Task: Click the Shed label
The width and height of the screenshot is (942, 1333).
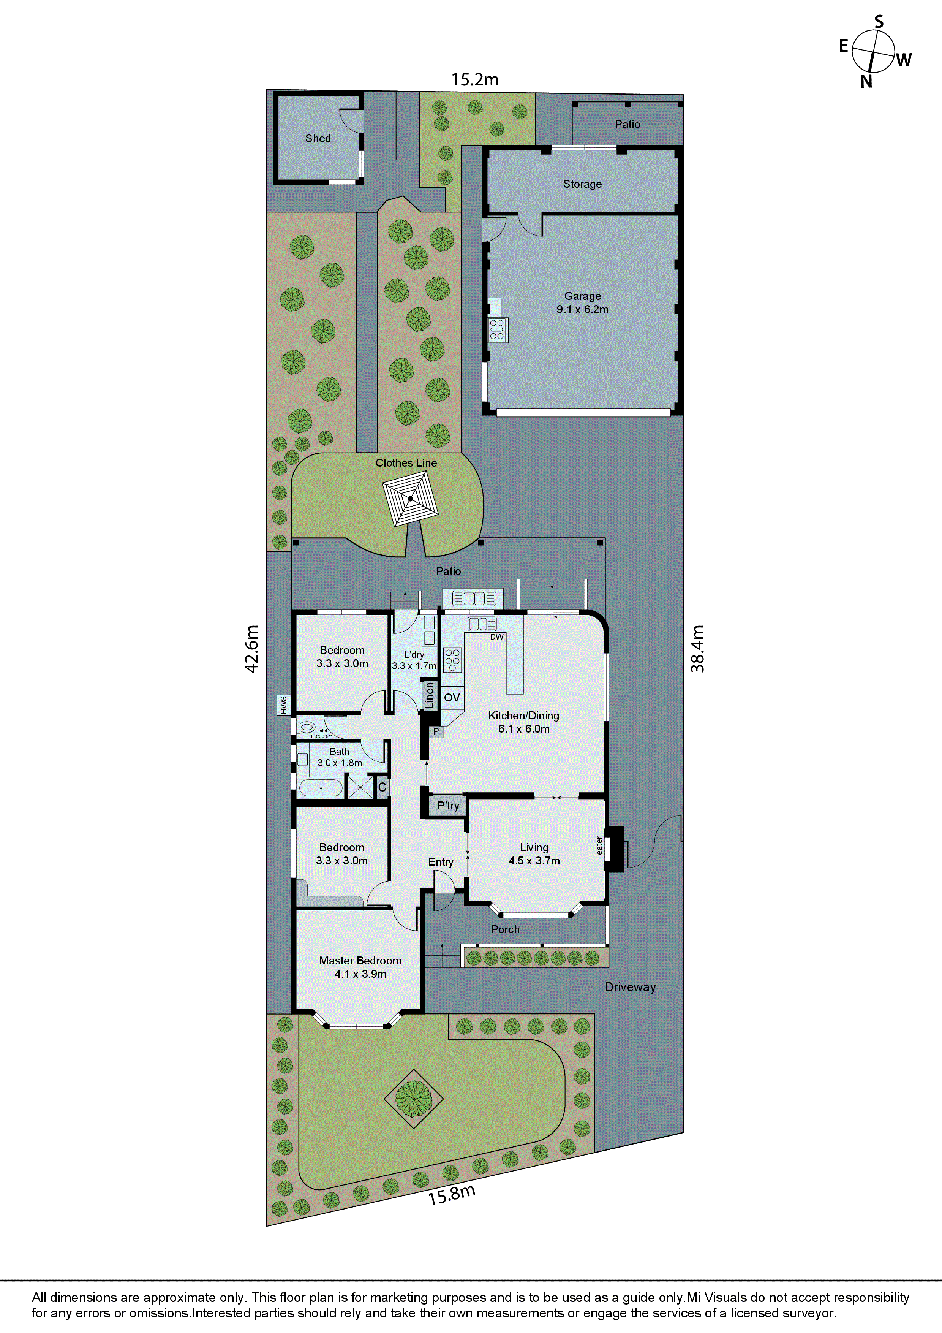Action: click(318, 138)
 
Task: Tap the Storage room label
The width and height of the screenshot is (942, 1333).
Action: click(582, 184)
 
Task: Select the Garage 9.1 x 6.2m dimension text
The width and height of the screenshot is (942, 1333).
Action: click(582, 309)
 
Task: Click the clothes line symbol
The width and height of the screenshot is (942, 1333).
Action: click(410, 499)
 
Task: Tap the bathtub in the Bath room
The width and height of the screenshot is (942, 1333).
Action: click(320, 788)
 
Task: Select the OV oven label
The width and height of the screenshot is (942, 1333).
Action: click(452, 697)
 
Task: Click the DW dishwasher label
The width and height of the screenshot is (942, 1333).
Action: click(497, 637)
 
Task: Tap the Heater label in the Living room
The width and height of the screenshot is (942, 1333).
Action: click(599, 848)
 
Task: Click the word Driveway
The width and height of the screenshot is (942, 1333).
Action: click(630, 987)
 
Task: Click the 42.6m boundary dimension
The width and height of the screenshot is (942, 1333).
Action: click(251, 649)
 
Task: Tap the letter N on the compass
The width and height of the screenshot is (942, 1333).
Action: click(866, 82)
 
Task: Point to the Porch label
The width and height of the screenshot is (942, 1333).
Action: click(505, 929)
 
